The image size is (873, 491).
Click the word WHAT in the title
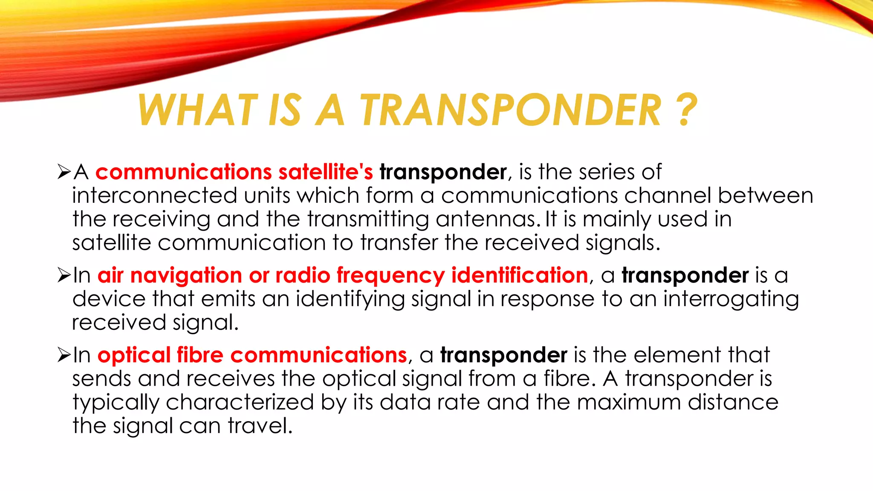(x=198, y=110)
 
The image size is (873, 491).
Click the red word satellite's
(x=326, y=172)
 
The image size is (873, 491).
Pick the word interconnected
(x=154, y=196)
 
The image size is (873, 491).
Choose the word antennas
(x=485, y=219)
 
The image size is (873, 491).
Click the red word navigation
(x=186, y=275)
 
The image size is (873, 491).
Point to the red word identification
(x=520, y=275)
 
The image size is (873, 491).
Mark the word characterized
(x=240, y=403)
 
